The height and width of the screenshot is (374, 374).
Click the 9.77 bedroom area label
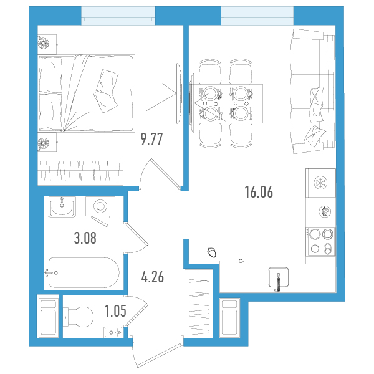click(151, 139)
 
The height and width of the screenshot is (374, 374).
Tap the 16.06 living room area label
click(259, 192)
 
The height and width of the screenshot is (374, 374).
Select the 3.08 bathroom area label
click(85, 238)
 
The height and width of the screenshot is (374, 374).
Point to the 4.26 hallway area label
click(153, 277)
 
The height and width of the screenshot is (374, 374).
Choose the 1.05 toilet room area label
click(115, 311)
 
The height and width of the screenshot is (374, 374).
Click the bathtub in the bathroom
click(84, 272)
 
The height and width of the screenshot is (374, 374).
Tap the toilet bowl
click(79, 317)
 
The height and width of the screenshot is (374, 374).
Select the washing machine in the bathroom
click(100, 206)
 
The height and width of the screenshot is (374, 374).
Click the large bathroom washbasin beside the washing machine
click(62, 206)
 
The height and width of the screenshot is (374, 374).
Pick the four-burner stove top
click(321, 242)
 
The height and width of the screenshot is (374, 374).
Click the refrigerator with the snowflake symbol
click(320, 183)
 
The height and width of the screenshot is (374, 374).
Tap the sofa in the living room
click(312, 91)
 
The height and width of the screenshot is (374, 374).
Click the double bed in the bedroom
click(87, 93)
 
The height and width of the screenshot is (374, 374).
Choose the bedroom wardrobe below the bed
click(80, 171)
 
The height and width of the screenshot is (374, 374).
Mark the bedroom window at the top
click(118, 16)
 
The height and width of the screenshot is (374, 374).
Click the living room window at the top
click(257, 16)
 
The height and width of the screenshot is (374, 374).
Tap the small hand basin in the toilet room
click(113, 332)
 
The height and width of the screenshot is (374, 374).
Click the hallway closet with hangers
click(199, 303)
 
